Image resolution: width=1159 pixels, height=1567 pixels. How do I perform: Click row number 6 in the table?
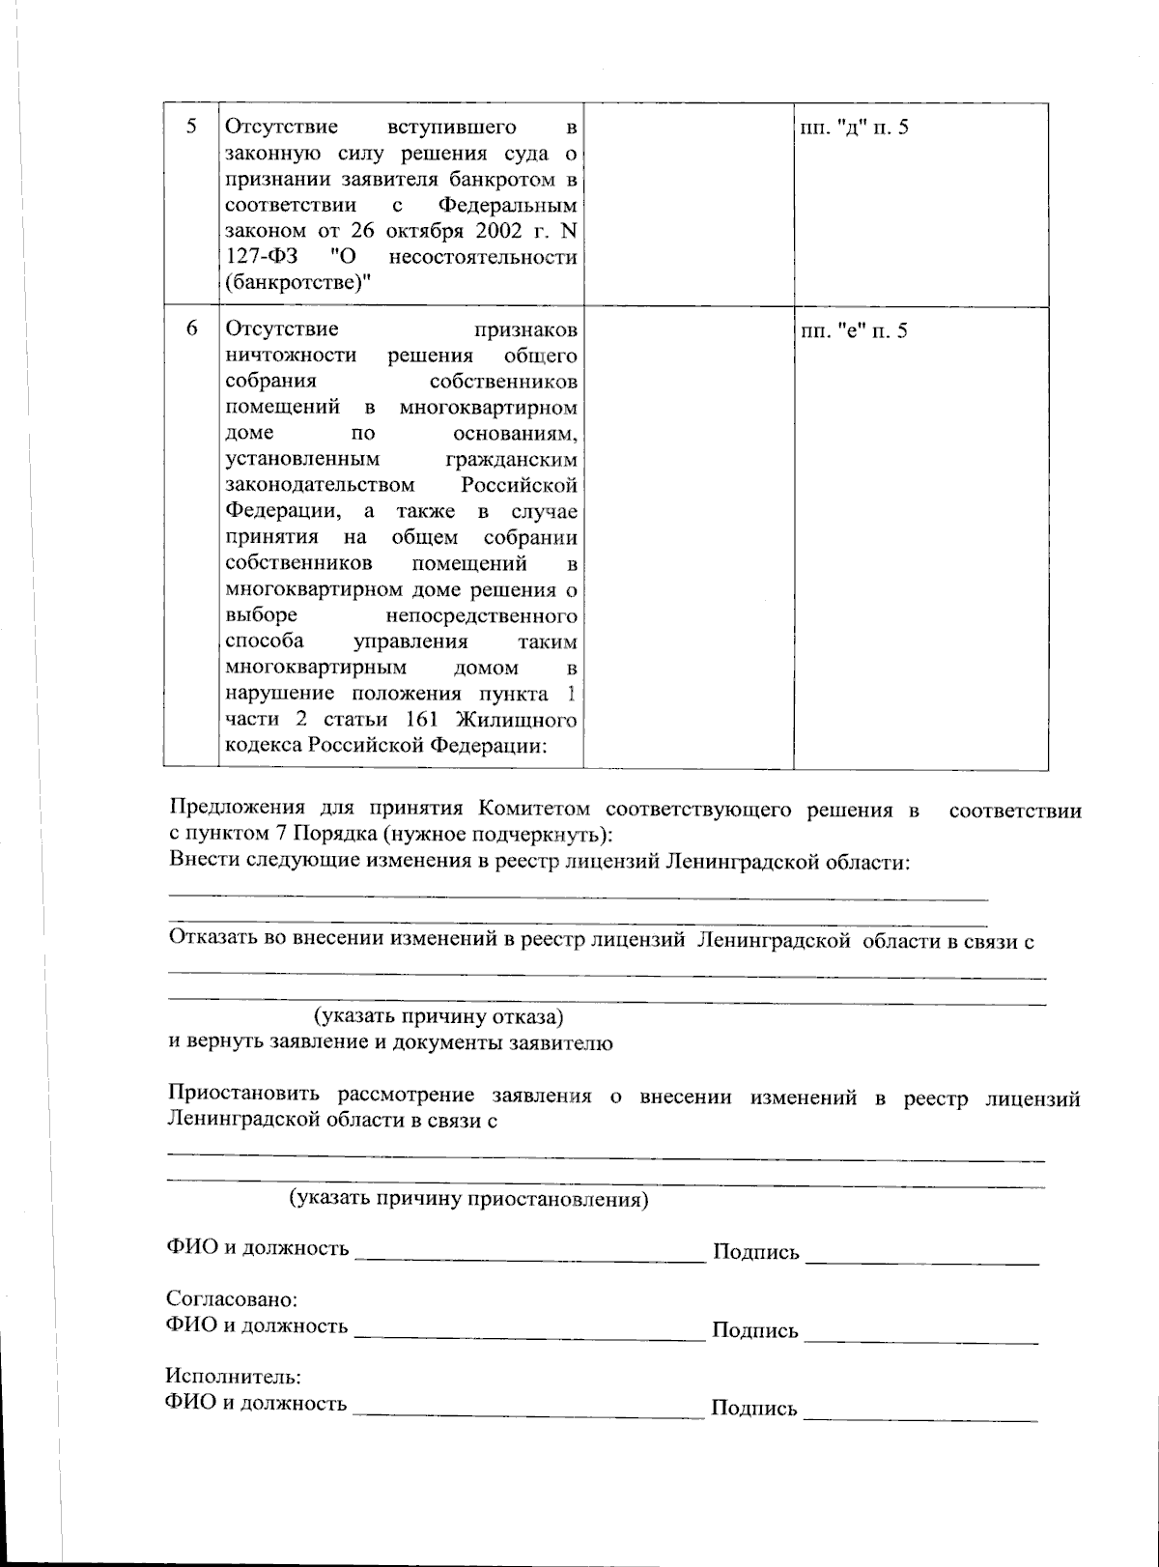click(191, 330)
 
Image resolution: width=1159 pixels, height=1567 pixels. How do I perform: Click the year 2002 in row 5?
click(495, 232)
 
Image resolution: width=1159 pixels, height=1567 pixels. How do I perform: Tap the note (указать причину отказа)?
click(438, 1017)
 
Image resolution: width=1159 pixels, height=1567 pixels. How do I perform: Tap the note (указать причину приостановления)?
click(469, 1200)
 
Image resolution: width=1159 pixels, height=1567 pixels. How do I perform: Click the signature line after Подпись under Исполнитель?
click(920, 1412)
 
